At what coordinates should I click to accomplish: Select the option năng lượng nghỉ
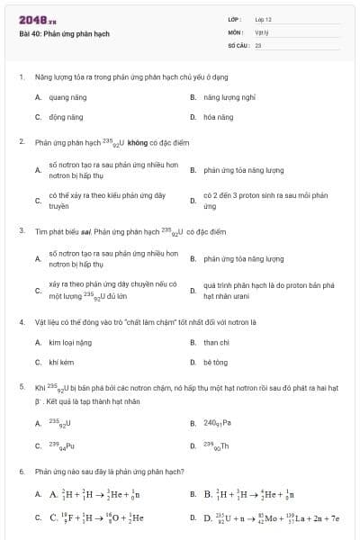pos(229,96)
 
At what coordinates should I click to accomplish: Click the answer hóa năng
pos(218,117)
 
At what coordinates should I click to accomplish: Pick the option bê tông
pos(215,362)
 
